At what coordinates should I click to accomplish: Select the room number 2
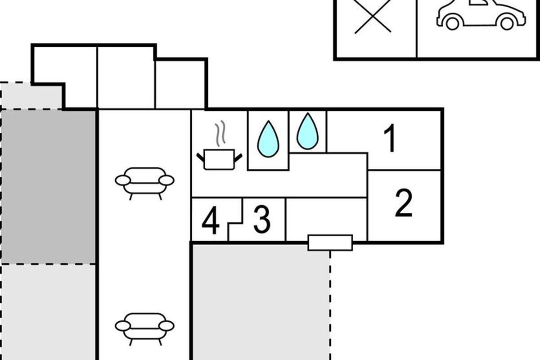(404, 204)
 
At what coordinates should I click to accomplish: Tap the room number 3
(262, 220)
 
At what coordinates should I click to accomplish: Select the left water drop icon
(268, 139)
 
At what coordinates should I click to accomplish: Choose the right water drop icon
(308, 131)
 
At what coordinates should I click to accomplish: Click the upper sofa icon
(144, 182)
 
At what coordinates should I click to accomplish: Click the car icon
(481, 14)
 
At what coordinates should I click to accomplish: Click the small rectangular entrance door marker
(330, 243)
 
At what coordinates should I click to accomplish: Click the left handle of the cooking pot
(200, 157)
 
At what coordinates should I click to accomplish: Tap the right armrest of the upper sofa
(166, 180)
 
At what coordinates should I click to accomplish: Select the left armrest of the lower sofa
(122, 326)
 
